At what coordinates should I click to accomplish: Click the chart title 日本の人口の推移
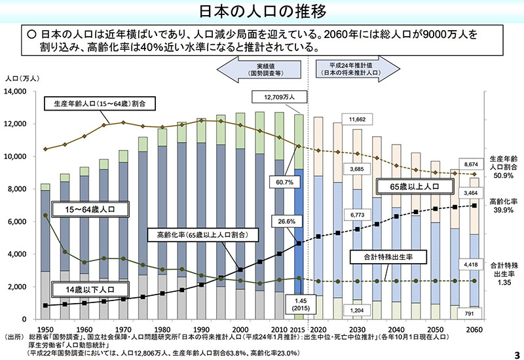point(262,11)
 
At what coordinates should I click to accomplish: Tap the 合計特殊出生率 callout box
point(383,257)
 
